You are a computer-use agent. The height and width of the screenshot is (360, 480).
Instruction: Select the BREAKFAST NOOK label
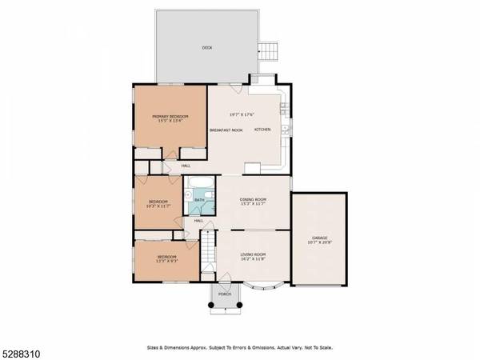click(x=226, y=130)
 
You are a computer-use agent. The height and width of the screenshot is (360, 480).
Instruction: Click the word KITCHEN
click(x=263, y=130)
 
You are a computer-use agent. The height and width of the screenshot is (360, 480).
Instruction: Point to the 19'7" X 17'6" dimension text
click(x=243, y=114)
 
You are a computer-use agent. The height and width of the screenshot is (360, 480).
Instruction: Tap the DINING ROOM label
click(x=253, y=199)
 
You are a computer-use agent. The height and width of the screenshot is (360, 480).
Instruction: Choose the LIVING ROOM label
click(x=254, y=254)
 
